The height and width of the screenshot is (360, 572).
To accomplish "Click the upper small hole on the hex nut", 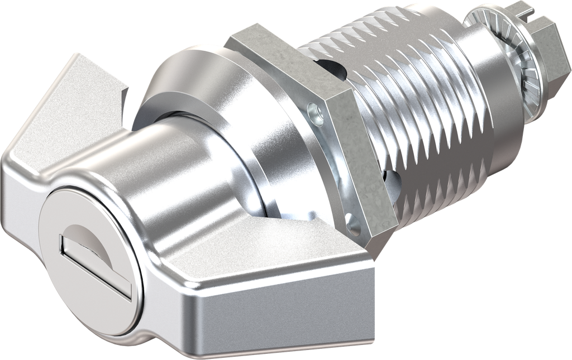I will click(x=317, y=114).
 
